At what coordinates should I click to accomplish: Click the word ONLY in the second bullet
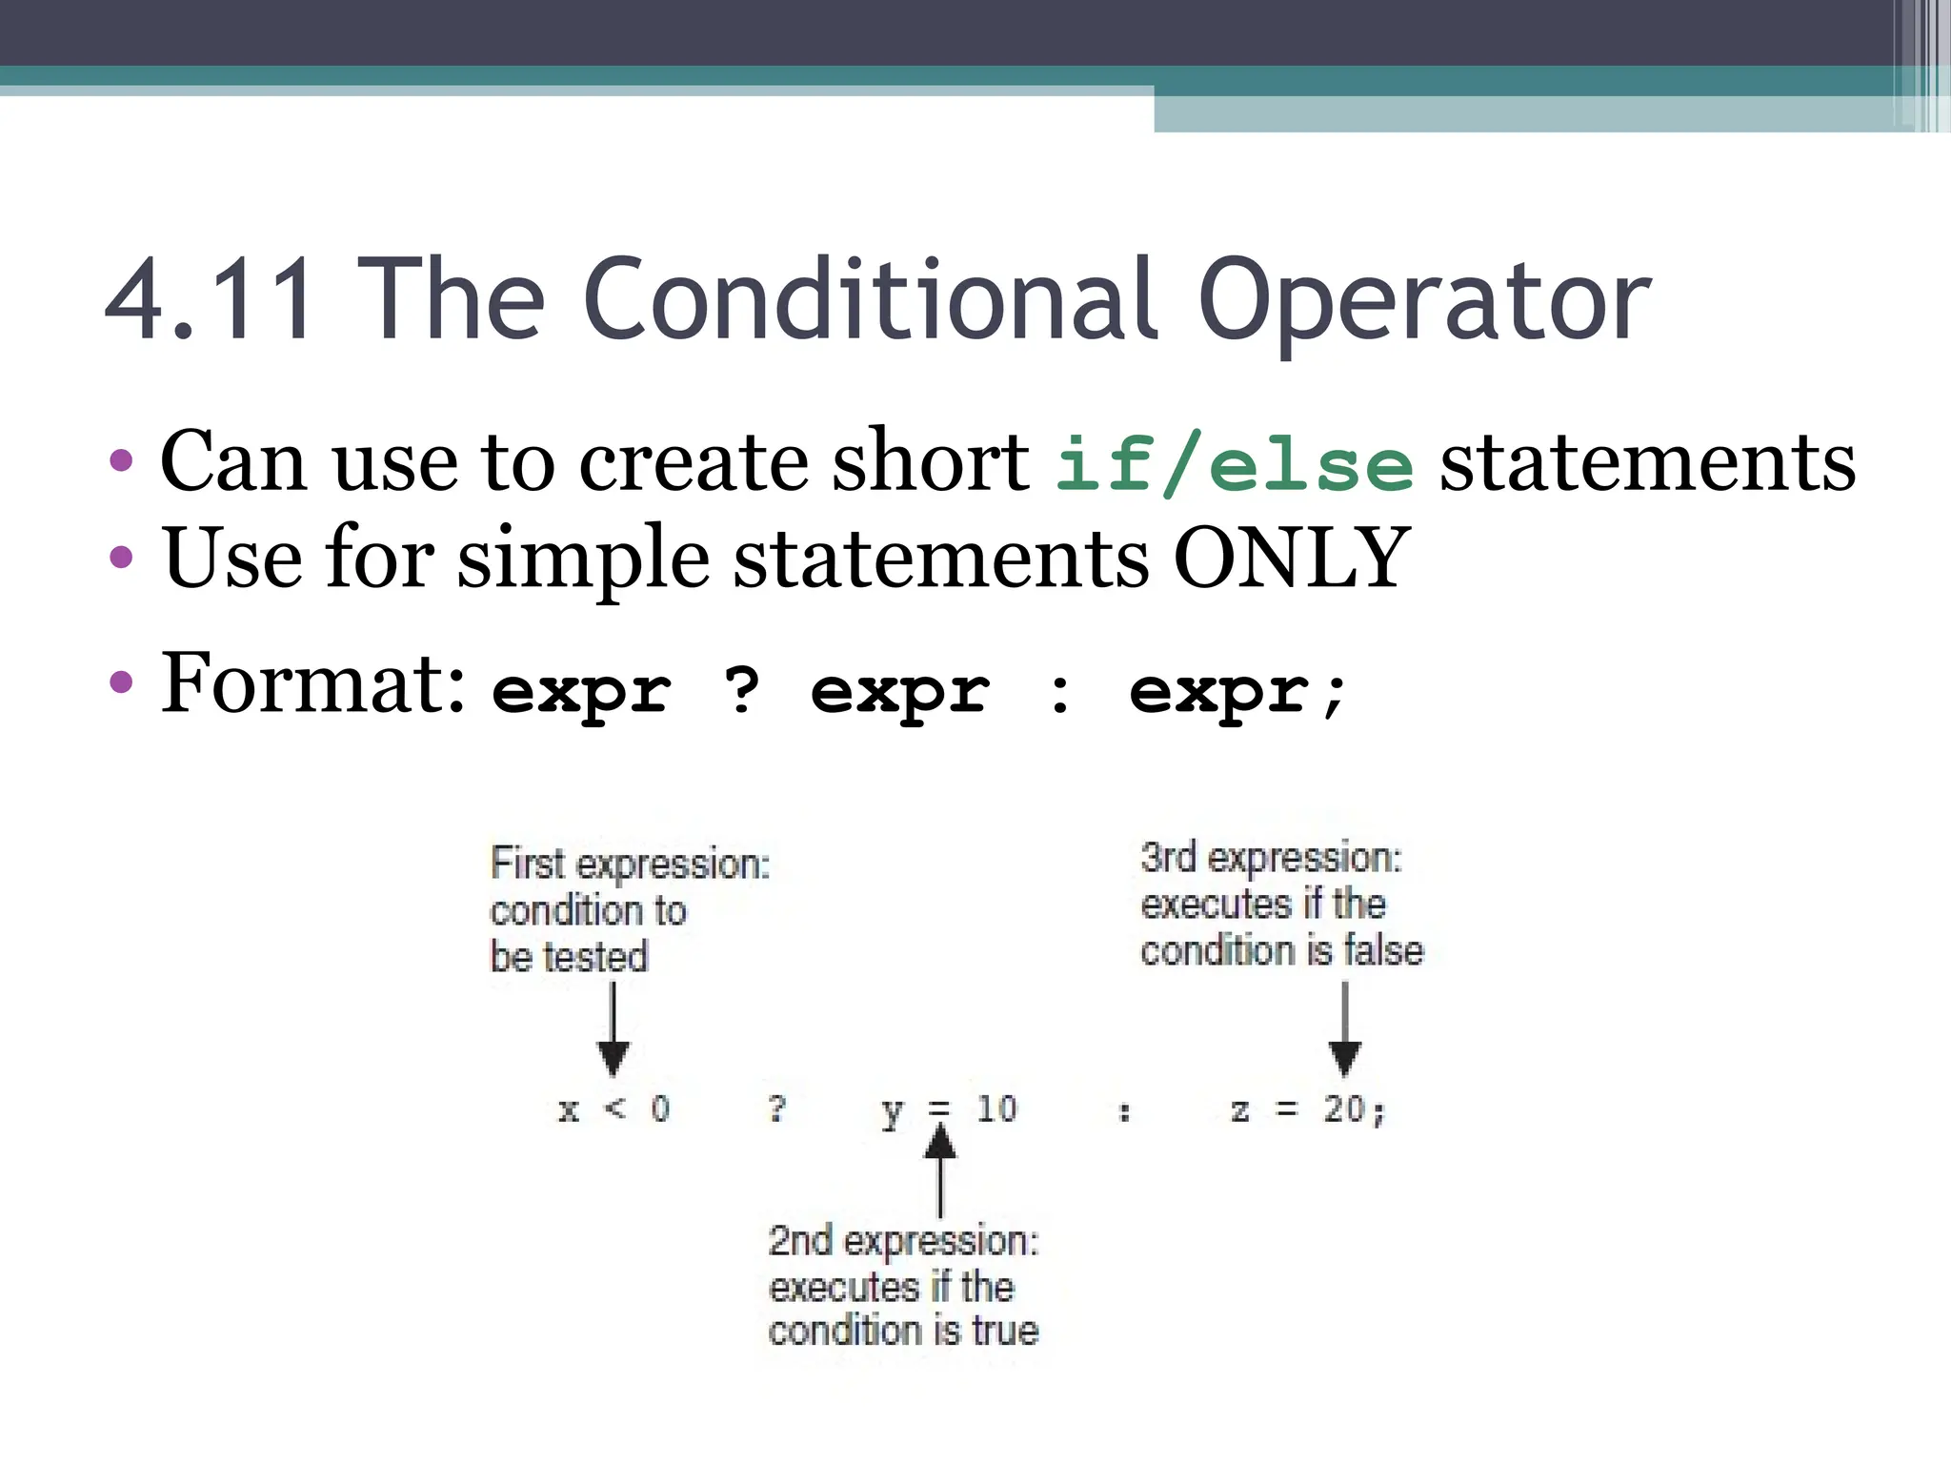(1290, 559)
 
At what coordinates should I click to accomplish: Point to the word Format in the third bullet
(312, 682)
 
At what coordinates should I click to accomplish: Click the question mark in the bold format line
(742, 690)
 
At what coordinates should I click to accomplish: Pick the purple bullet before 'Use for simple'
(121, 558)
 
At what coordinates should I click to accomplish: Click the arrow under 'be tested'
(613, 1031)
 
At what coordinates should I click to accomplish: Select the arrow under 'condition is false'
(1344, 1031)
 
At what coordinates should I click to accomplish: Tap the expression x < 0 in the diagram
(614, 1109)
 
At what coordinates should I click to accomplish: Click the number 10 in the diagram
(996, 1109)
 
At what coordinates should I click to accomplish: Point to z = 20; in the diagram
(1307, 1109)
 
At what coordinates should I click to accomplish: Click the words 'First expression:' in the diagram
(630, 864)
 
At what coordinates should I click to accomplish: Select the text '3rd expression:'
(1271, 858)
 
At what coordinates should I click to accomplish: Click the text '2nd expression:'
(903, 1241)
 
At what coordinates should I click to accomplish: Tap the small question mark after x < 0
(777, 1108)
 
